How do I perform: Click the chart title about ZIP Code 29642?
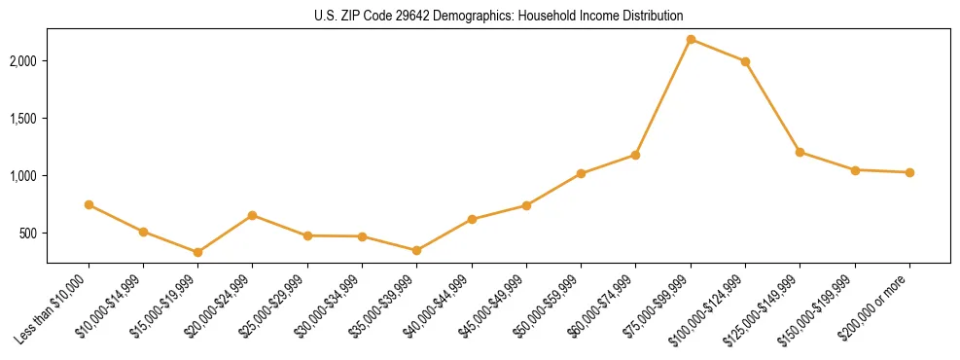499,16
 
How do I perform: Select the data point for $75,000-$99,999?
691,39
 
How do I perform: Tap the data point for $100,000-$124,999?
745,61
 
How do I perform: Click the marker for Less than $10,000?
89,204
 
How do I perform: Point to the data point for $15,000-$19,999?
197,252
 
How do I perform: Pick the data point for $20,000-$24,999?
253,215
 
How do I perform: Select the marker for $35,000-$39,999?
416,250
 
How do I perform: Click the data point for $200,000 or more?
909,172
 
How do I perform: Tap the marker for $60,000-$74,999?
635,155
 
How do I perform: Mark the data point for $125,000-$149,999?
800,152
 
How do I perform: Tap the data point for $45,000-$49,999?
526,205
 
